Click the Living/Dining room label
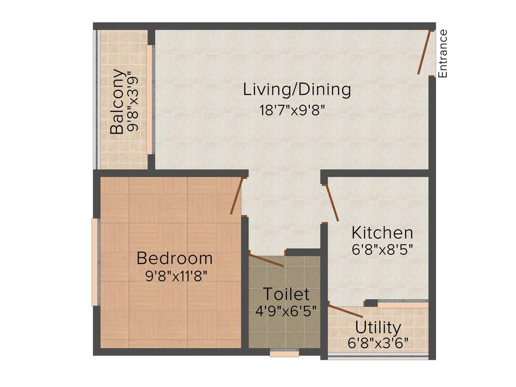coord(297,90)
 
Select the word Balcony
coord(117,101)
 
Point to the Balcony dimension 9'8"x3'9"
coord(133,101)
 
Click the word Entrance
coord(442,53)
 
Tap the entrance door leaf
coord(424,52)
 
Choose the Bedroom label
coord(175,259)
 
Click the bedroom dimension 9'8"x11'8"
coord(175,276)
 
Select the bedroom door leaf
coord(236,196)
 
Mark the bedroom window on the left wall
coord(94,262)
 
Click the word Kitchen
coord(382,233)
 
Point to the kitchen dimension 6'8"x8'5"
coord(382,249)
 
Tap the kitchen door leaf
coord(331,203)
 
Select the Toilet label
coord(286,294)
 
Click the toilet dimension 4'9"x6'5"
coord(286,310)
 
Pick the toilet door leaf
coord(267,260)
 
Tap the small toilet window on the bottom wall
coord(284,353)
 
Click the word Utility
coord(378,328)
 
